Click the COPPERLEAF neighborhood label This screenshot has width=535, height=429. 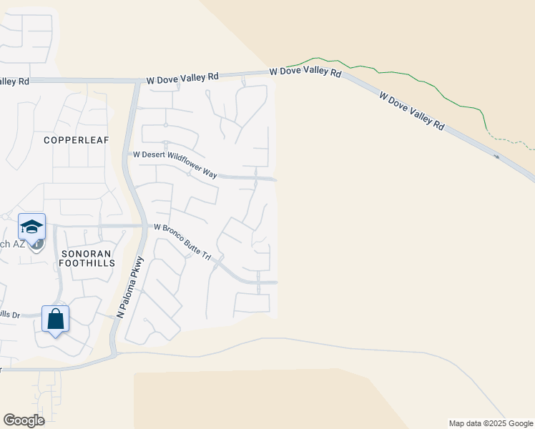(x=76, y=140)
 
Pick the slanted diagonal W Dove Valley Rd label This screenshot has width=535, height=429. (x=411, y=110)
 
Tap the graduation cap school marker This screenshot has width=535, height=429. (x=32, y=227)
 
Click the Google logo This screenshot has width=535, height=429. (x=24, y=420)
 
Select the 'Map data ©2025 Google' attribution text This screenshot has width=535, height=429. (x=491, y=423)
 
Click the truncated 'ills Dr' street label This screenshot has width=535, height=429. (x=10, y=314)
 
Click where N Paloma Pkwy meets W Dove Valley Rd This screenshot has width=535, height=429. (x=137, y=81)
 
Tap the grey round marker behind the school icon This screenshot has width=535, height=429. (x=38, y=243)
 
